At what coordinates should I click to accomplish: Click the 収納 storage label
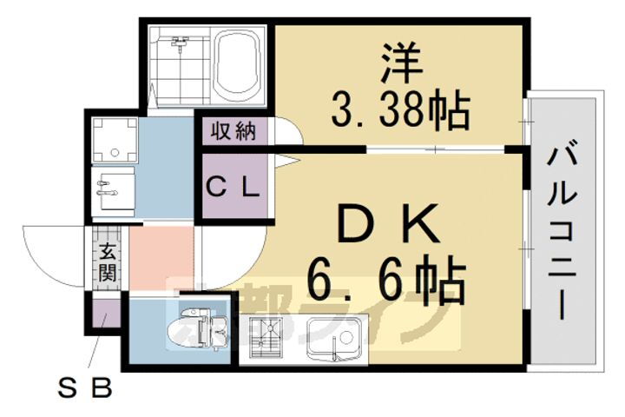tap(233, 131)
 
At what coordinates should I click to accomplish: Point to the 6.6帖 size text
tap(388, 279)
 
